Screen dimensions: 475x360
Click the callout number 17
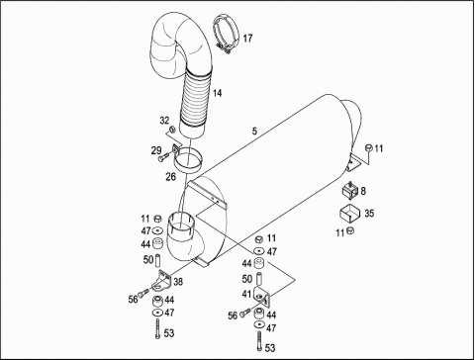247,39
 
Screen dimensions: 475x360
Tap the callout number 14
217,93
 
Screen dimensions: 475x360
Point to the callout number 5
254,132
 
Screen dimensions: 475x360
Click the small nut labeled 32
172,129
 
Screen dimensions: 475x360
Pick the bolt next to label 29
163,157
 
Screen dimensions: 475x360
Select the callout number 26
170,177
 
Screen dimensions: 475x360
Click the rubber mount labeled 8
350,190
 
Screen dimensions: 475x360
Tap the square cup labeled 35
350,214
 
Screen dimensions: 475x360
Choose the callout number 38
178,282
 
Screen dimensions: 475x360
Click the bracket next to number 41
263,296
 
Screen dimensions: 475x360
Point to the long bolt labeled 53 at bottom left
157,328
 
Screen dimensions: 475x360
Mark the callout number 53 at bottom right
270,348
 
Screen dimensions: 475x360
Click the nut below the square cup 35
350,230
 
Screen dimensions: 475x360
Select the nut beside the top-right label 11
368,147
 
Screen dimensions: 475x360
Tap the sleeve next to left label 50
157,260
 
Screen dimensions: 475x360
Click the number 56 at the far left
134,300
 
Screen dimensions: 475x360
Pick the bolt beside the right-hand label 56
245,313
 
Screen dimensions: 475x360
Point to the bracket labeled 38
162,281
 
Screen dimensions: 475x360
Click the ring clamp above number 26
187,159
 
